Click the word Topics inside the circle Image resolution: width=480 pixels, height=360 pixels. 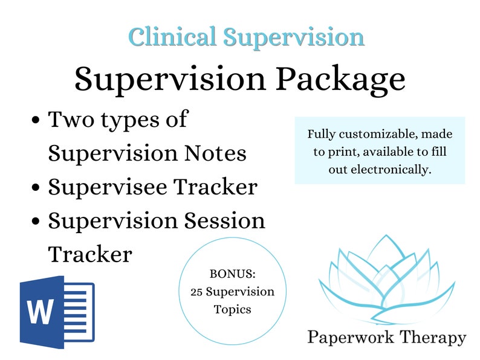tap(232, 309)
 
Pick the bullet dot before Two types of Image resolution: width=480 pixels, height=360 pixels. tap(36, 120)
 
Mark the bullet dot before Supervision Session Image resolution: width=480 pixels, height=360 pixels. tap(36, 222)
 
